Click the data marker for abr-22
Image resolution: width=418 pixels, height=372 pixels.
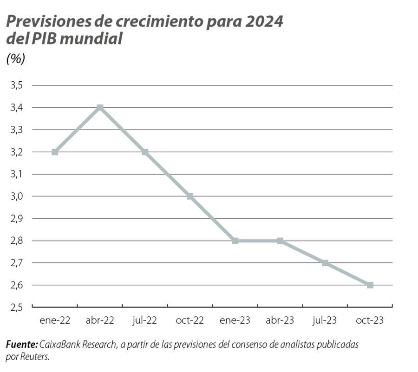[x=100, y=108]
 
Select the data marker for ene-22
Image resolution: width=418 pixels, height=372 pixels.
[x=55, y=152]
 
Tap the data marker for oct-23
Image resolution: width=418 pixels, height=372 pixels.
[x=370, y=285]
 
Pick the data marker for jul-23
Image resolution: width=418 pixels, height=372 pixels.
[x=325, y=263]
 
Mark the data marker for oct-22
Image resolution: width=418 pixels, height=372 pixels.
[x=190, y=196]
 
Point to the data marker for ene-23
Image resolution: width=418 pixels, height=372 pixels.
[x=235, y=241]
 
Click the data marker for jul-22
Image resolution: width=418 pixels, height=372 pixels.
[x=145, y=152]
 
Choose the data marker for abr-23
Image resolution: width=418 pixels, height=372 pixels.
[x=280, y=241]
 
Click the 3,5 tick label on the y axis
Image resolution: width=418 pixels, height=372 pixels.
[x=17, y=85]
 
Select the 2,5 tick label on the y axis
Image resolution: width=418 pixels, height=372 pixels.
[x=17, y=307]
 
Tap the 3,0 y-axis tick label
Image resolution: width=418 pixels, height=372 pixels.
[x=17, y=196]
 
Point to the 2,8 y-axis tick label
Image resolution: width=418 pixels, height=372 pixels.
[x=17, y=241]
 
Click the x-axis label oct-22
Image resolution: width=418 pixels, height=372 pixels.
[x=190, y=320]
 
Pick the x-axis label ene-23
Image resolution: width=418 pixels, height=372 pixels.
[x=235, y=320]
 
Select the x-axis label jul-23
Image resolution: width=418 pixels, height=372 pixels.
[x=325, y=320]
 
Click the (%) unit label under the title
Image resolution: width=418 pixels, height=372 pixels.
[x=15, y=59]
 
